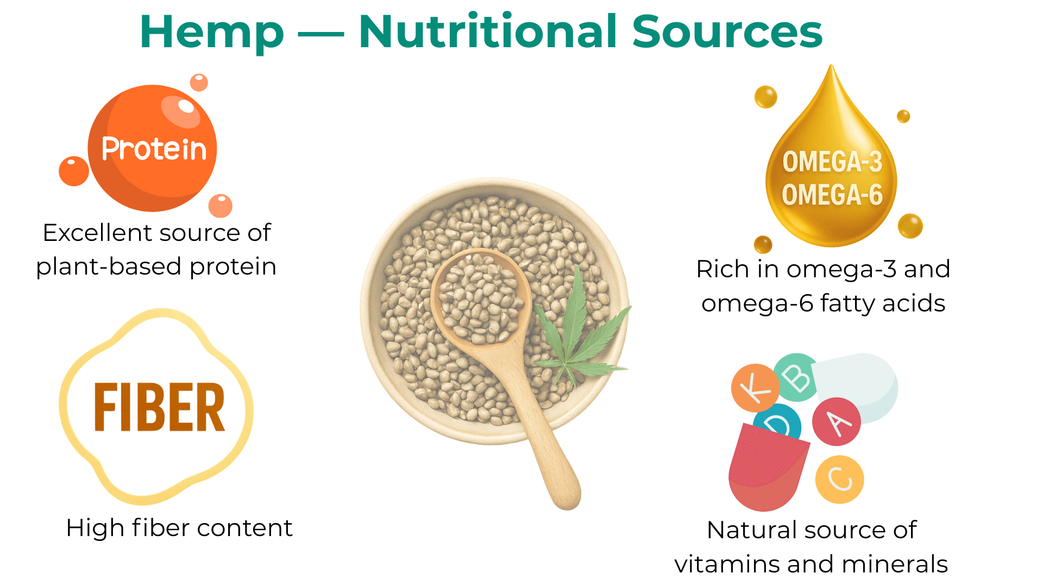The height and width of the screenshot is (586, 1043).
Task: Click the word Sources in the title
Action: click(x=727, y=31)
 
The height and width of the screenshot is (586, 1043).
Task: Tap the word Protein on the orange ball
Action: click(x=154, y=149)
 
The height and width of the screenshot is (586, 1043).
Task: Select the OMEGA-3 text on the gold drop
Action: click(x=832, y=162)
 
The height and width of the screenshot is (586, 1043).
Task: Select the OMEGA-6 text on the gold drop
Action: click(x=832, y=195)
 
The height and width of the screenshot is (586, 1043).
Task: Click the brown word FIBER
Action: click(x=159, y=407)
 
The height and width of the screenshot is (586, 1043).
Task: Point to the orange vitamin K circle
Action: click(x=755, y=387)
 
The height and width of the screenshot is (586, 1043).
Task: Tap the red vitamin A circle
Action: click(x=837, y=422)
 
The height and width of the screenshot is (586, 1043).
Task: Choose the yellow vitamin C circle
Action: click(x=840, y=480)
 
